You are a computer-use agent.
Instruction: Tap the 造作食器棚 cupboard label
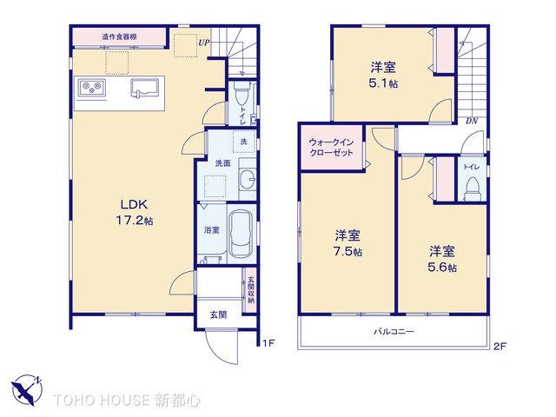pyautogui.click(x=119, y=36)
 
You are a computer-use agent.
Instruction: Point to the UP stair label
pyautogui.click(x=202, y=42)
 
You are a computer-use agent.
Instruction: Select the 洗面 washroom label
pyautogui.click(x=222, y=162)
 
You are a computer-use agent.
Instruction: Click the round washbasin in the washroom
pyautogui.click(x=247, y=180)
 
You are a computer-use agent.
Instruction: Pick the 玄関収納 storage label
pyautogui.click(x=250, y=289)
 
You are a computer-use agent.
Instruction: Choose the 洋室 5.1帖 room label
pyautogui.click(x=383, y=73)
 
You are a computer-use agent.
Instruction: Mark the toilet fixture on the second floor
pyautogui.click(x=473, y=187)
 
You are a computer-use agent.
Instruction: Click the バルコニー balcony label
pyautogui.click(x=394, y=332)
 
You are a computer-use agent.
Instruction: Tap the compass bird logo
pyautogui.click(x=25, y=387)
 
